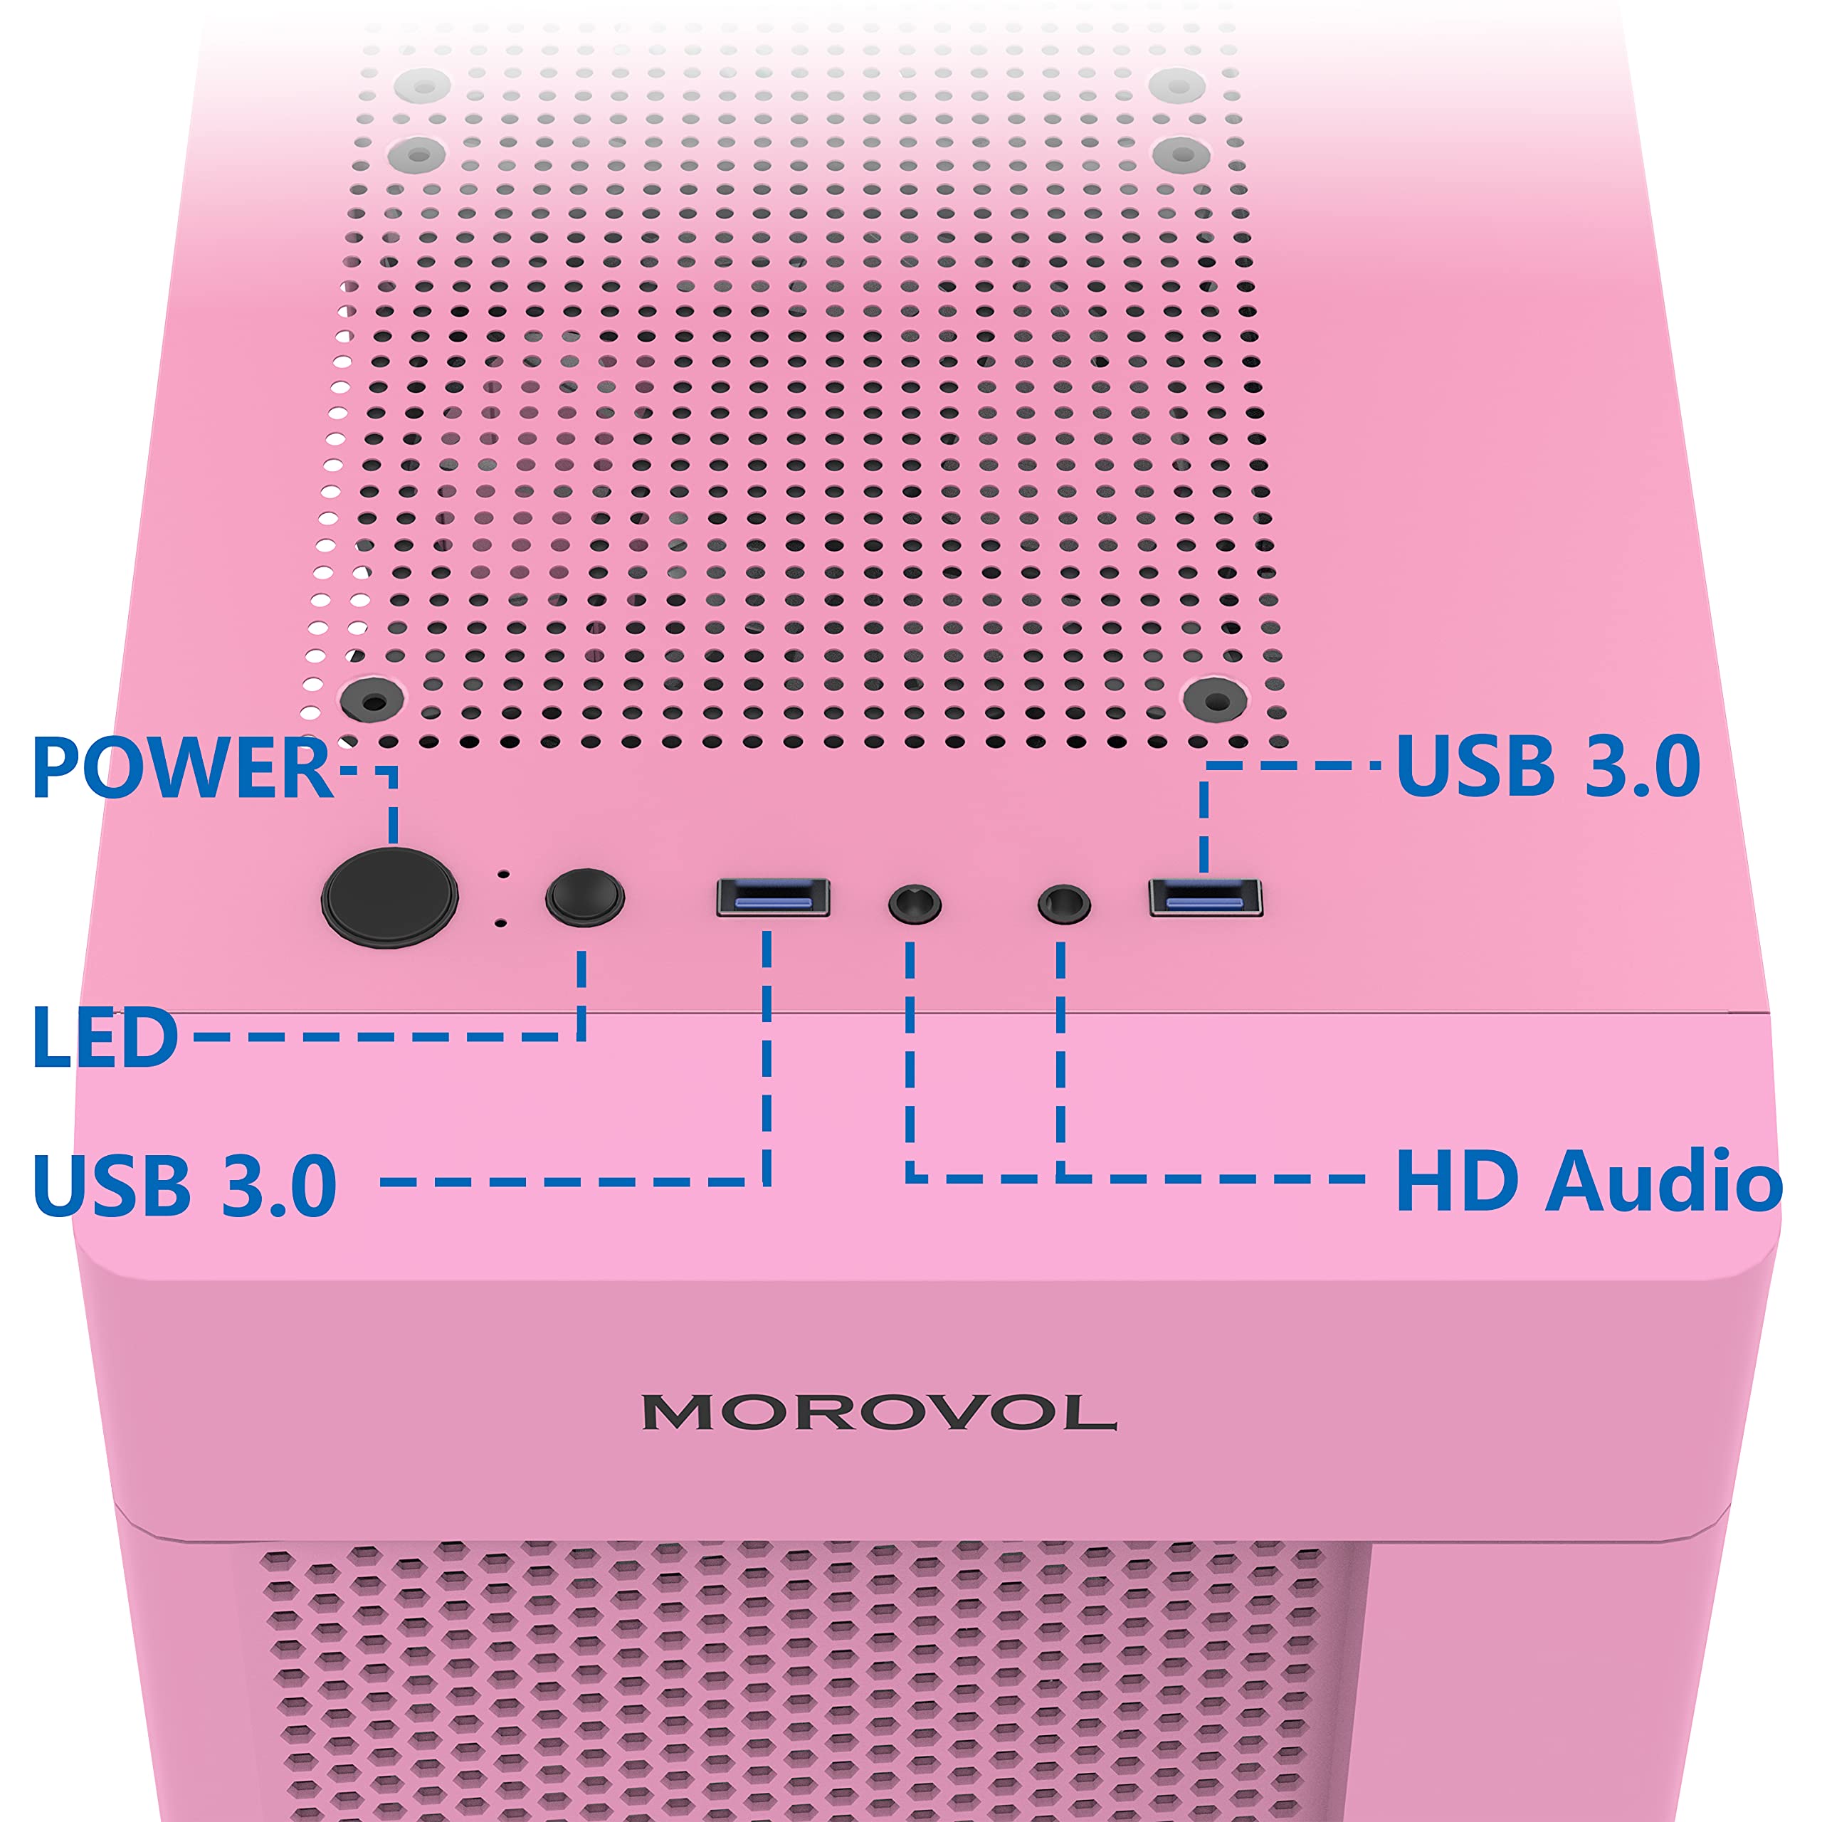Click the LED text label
coord(105,1038)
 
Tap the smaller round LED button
coord(585,897)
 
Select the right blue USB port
coord(1205,897)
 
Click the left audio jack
coord(914,905)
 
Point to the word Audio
coord(1663,1181)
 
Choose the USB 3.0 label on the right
coord(1547,765)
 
